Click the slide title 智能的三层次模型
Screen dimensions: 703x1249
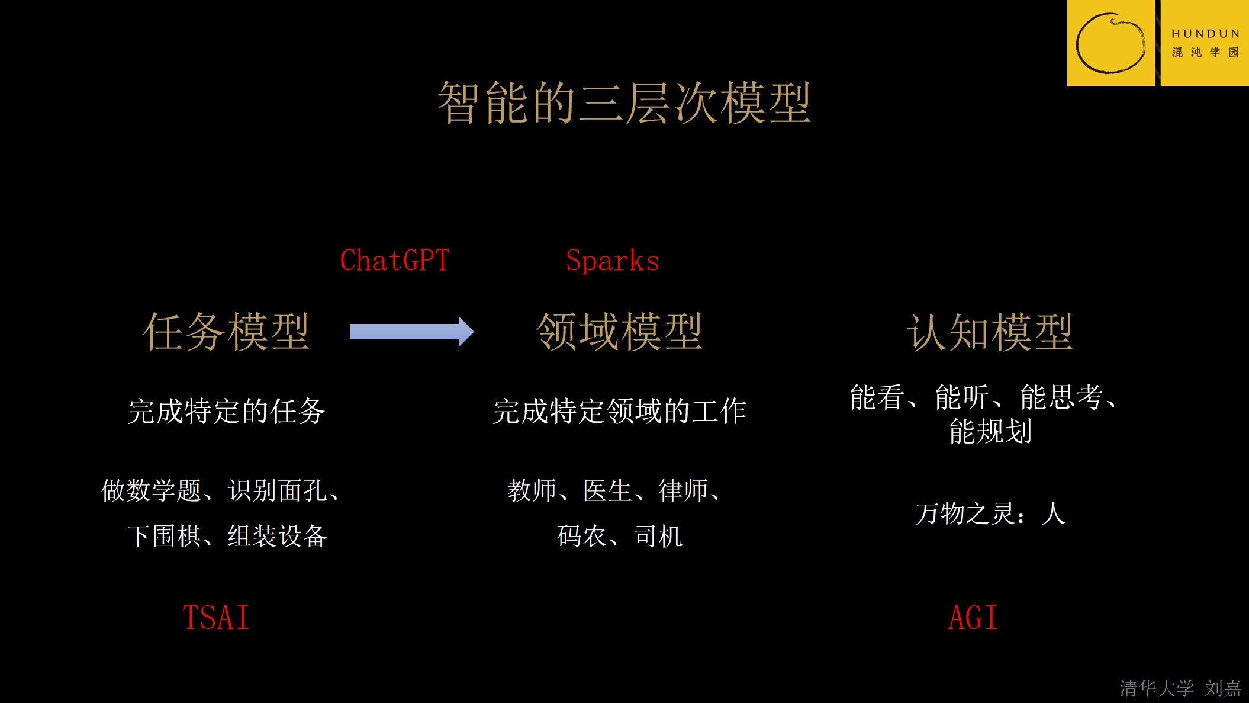624,103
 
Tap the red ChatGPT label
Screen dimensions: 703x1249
395,261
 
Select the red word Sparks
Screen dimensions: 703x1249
613,261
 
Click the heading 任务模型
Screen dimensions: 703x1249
226,332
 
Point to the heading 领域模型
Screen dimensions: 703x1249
619,332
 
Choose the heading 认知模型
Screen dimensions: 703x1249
990,332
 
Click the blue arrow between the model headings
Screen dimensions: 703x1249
411,332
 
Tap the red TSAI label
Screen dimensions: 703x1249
216,618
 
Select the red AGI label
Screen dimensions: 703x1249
973,618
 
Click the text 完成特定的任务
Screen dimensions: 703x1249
226,411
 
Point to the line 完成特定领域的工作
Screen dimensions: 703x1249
619,411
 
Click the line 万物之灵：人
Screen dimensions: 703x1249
990,513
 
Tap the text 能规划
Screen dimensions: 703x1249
990,431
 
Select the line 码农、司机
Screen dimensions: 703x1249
619,536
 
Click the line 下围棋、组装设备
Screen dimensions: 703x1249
226,536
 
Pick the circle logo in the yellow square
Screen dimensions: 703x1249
1110,43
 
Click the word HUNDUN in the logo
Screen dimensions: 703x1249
1205,34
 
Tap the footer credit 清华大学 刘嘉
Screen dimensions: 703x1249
1180,688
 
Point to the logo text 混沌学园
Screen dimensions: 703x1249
1205,52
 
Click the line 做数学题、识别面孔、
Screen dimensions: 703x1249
221,490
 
